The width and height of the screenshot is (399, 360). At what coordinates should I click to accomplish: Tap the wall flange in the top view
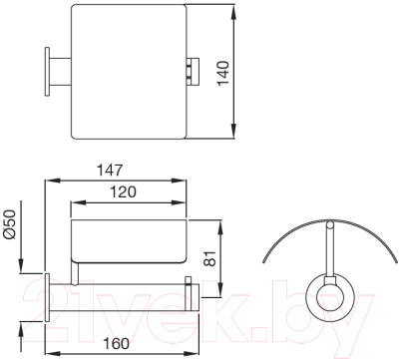tap(47, 71)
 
